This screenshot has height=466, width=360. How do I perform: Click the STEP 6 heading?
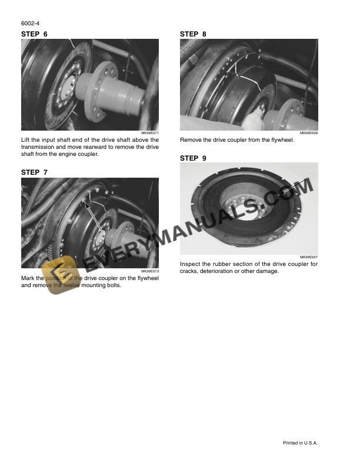click(34, 34)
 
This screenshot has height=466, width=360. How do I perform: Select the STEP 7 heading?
click(34, 172)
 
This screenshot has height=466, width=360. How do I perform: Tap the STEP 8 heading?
click(193, 34)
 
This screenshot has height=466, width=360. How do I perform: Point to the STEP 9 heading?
click(193, 158)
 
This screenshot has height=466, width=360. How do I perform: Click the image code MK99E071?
click(150, 134)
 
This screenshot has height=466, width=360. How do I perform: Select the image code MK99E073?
click(150, 271)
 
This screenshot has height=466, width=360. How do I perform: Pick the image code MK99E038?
click(309, 134)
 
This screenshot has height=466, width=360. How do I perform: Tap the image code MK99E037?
click(309, 258)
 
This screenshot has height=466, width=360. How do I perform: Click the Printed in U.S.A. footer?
click(300, 443)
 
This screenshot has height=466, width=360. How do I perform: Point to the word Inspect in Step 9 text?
click(191, 264)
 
